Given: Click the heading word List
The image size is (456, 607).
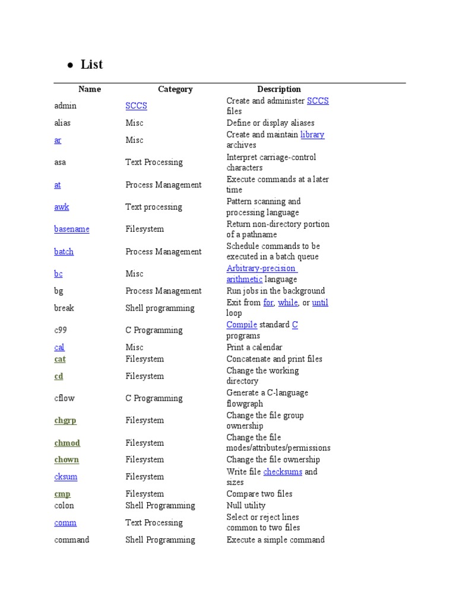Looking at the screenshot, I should [92, 64].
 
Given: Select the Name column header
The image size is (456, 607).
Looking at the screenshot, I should [90, 89].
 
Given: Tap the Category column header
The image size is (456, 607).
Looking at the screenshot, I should [175, 89].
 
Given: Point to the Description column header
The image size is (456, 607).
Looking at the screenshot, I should [278, 89].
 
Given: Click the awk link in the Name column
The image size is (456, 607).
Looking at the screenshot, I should [61, 207].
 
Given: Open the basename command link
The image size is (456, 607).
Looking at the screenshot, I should [71, 229].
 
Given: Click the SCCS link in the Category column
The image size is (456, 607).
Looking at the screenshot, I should [136, 106].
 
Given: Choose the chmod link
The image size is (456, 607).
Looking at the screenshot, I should [66, 443].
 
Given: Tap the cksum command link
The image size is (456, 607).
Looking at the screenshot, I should [65, 477].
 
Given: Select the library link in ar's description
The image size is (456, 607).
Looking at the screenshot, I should [312, 135].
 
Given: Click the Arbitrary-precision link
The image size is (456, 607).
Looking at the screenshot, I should [261, 268].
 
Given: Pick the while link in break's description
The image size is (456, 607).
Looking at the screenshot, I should [288, 302].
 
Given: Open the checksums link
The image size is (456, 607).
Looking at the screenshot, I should [283, 472].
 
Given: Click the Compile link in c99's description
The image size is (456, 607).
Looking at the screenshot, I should [242, 325].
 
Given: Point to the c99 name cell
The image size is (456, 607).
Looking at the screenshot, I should [61, 330].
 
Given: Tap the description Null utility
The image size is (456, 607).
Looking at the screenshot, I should [246, 506].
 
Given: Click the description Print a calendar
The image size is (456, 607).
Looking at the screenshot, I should [254, 347].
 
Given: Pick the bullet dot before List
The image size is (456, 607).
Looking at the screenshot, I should [70, 65].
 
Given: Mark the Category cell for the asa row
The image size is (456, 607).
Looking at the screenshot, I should [154, 162].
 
